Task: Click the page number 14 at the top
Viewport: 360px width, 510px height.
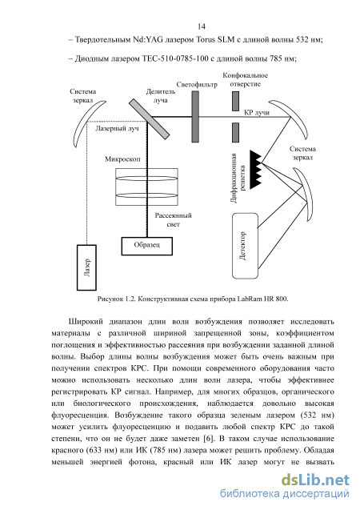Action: (x=201, y=26)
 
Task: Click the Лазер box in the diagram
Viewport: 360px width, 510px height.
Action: (x=86, y=267)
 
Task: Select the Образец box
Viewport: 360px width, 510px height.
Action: (x=147, y=246)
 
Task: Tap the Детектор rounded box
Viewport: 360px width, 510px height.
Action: (x=246, y=246)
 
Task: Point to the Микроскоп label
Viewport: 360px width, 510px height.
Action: (x=122, y=159)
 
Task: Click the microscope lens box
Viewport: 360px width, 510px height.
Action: (x=147, y=187)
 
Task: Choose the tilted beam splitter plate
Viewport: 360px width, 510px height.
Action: (x=149, y=118)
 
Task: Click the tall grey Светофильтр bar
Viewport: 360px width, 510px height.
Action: (x=195, y=116)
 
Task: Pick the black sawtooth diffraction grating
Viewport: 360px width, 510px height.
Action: (x=255, y=170)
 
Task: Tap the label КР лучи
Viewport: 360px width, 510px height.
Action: (x=257, y=113)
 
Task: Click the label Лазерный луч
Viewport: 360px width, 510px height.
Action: (x=117, y=128)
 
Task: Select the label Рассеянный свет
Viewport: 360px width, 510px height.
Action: (x=173, y=219)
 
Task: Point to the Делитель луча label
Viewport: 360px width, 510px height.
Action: (x=161, y=96)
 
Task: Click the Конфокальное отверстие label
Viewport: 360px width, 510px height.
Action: (x=246, y=80)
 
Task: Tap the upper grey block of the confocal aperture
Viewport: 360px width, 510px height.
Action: (x=235, y=101)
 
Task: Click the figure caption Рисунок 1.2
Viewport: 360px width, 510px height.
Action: (x=193, y=299)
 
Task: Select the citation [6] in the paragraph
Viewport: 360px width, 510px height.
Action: (x=209, y=439)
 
